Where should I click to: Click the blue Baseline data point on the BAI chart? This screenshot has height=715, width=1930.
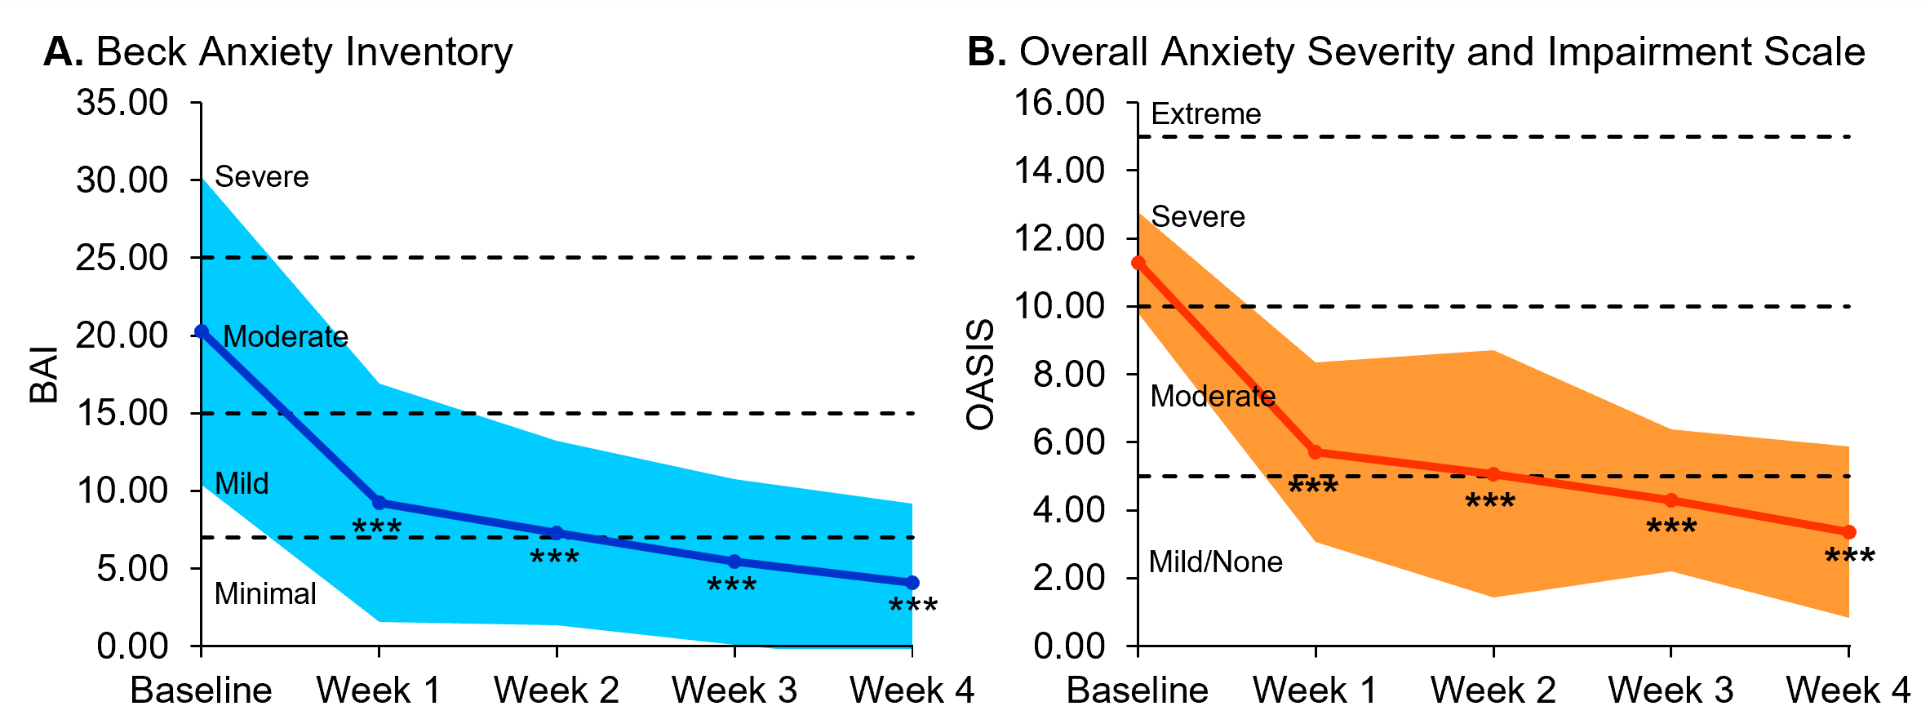(202, 331)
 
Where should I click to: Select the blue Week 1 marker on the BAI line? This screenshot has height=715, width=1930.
(379, 503)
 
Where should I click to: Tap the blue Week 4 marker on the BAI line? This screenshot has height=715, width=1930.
(912, 583)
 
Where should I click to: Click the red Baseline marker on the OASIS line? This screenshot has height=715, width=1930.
(1138, 263)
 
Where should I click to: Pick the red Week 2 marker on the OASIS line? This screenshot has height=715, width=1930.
(1493, 474)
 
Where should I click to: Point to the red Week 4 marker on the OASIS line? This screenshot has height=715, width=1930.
(1849, 532)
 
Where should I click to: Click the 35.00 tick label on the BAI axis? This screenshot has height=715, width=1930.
(122, 103)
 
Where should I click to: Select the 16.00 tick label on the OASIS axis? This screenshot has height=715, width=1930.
(1058, 103)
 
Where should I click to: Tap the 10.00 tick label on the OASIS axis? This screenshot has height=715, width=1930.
(1058, 306)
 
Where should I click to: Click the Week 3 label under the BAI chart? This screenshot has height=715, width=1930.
(734, 691)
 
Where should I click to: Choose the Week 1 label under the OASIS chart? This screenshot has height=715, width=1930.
(1315, 691)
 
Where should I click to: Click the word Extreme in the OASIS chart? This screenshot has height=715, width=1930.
(1205, 114)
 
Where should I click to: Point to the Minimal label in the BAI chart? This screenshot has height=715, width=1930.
(265, 594)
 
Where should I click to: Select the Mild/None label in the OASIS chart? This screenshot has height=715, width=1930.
(1215, 562)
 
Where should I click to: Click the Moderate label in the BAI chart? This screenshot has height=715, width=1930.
(286, 337)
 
